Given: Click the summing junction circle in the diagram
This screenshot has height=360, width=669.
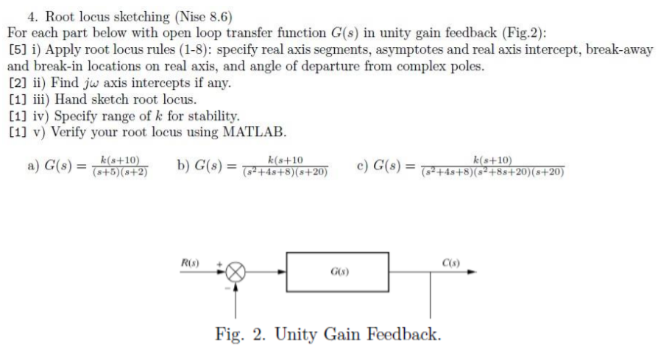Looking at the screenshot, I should coord(236,272).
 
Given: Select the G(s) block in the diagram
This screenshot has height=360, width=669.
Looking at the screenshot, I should coord(338,272).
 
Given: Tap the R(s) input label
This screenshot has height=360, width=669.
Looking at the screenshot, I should coord(190,263).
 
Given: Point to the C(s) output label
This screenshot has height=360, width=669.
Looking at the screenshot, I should coord(451,263).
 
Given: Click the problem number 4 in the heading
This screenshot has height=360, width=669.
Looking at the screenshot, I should coord(31,16).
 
